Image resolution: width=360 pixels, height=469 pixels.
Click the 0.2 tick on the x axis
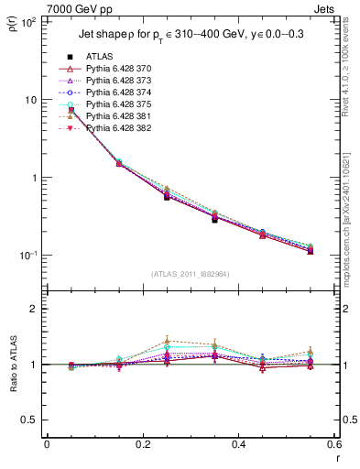[142, 445]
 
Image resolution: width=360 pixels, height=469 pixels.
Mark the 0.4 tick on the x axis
[238, 445]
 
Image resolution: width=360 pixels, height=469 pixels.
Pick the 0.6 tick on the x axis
[333, 445]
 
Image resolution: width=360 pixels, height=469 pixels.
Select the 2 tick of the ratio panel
[34, 309]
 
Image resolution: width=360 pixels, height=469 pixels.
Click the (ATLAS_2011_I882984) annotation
[190, 274]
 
